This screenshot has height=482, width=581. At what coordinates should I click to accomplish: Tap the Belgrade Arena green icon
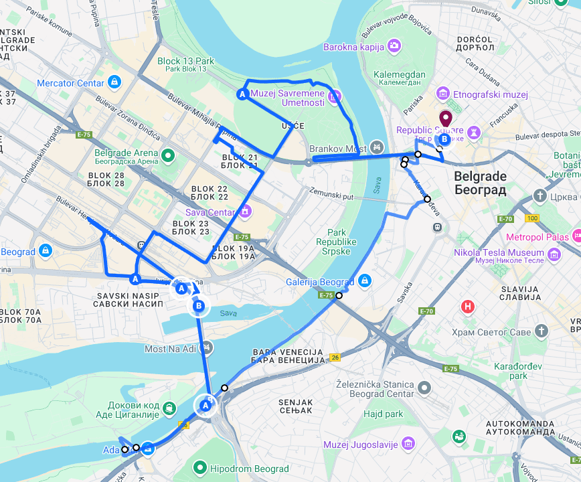(169, 156)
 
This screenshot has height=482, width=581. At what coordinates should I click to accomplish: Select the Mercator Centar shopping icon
(115, 82)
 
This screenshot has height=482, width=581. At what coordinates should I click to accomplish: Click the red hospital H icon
(468, 307)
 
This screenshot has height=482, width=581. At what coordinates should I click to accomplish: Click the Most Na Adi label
(171, 349)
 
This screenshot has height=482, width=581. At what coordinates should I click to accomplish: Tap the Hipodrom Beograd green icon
(199, 468)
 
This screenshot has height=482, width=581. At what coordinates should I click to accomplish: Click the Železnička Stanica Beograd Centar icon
(424, 388)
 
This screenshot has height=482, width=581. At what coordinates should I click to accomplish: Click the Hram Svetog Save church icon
(541, 331)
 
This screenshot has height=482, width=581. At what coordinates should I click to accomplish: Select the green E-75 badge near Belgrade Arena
(84, 135)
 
